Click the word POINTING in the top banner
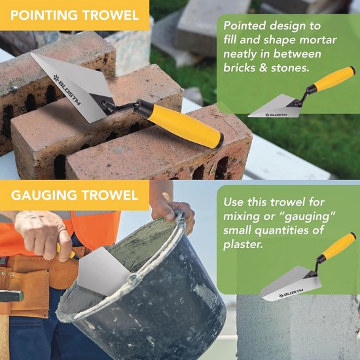click(x=44, y=16)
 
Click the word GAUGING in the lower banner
click(x=44, y=196)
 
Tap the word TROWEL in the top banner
click(x=111, y=16)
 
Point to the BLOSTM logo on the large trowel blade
click(x=67, y=89)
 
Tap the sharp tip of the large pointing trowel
click(x=31, y=54)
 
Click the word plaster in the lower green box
click(x=243, y=245)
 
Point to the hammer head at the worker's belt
click(x=12, y=296)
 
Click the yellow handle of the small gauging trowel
click(x=338, y=246)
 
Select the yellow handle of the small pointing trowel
click(x=334, y=79)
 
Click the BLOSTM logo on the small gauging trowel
click(x=291, y=293)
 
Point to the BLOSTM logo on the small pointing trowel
click(x=276, y=115)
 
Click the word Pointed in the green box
click(x=243, y=26)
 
